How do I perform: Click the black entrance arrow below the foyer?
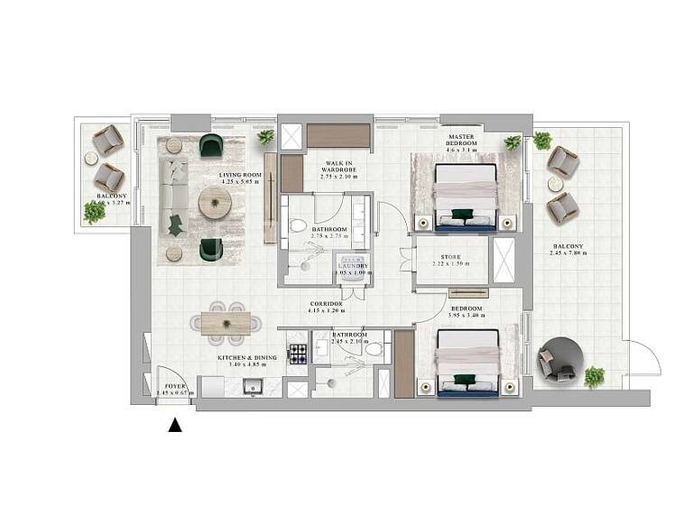click(175, 427)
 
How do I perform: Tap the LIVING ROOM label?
click(240, 175)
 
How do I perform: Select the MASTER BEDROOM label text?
click(462, 142)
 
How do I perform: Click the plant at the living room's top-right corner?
click(265, 137)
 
